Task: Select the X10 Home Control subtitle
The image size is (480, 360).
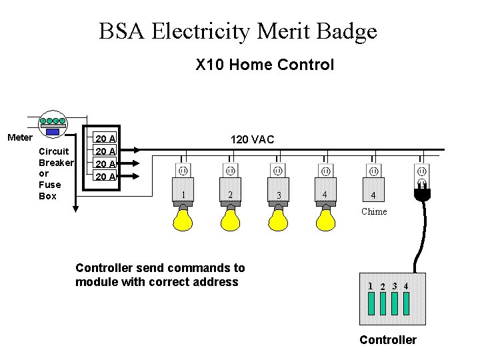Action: tap(265, 65)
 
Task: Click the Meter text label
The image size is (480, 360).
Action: tap(19, 137)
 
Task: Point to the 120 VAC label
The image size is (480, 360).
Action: tap(252, 139)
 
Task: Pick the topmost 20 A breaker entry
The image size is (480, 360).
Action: tap(105, 139)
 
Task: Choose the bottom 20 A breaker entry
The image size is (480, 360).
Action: tap(105, 177)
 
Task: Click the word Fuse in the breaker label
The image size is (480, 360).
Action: tap(50, 185)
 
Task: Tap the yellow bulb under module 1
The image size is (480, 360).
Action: tap(182, 219)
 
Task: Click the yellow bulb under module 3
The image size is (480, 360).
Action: tap(278, 219)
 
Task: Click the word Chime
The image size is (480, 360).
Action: tap(373, 211)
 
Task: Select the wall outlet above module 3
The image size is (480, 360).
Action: tap(278, 171)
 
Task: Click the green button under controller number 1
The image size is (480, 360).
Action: tap(371, 303)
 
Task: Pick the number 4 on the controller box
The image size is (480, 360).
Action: tap(406, 286)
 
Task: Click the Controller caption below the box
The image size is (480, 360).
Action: tap(387, 340)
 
